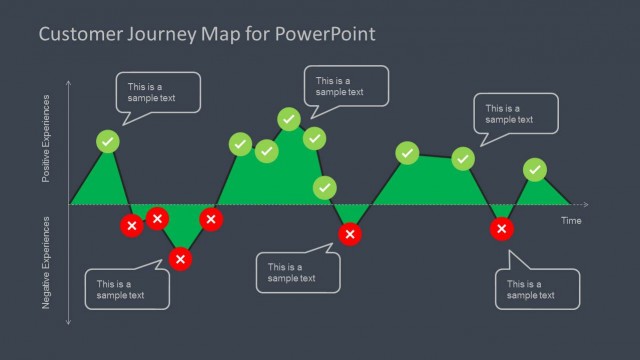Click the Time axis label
coord(570,220)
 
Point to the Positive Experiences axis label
coord(45,139)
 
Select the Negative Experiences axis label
coord(45,262)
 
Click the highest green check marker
coord(288,120)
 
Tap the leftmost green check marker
coord(108,141)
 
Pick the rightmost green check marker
coord(535,170)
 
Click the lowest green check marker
coord(324,187)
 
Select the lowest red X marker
coord(180,259)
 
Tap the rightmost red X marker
coord(502,229)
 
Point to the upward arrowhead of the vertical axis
coord(68,82)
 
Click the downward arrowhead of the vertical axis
coord(68,322)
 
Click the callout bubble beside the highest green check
coord(346,87)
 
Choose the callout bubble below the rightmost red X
coord(537,288)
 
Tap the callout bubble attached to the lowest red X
coord(127,289)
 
